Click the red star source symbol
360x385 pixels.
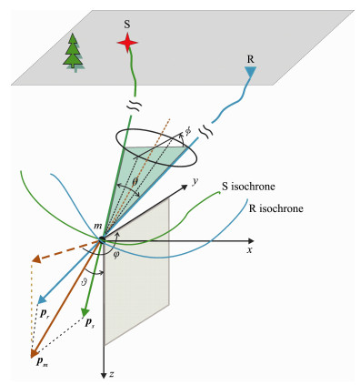[127, 43]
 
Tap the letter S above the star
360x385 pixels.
[127, 25]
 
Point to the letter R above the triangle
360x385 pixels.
[250, 59]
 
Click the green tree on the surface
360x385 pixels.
[74, 52]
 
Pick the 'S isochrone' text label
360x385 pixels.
[248, 186]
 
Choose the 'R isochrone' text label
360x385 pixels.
[275, 208]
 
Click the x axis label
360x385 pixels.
[249, 250]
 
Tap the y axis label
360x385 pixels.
[195, 181]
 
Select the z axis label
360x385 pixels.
[112, 375]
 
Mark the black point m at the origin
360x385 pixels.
[102, 240]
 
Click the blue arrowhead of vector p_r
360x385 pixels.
[42, 299]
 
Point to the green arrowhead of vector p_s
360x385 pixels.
[85, 312]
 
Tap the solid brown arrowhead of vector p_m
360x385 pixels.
[35, 353]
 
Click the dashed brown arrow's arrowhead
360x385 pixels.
[37, 258]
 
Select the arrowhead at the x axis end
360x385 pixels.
[251, 241]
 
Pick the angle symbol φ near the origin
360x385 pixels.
[116, 255]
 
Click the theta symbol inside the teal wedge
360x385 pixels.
[135, 181]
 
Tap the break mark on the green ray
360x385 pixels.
[134, 106]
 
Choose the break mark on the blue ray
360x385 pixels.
[205, 132]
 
